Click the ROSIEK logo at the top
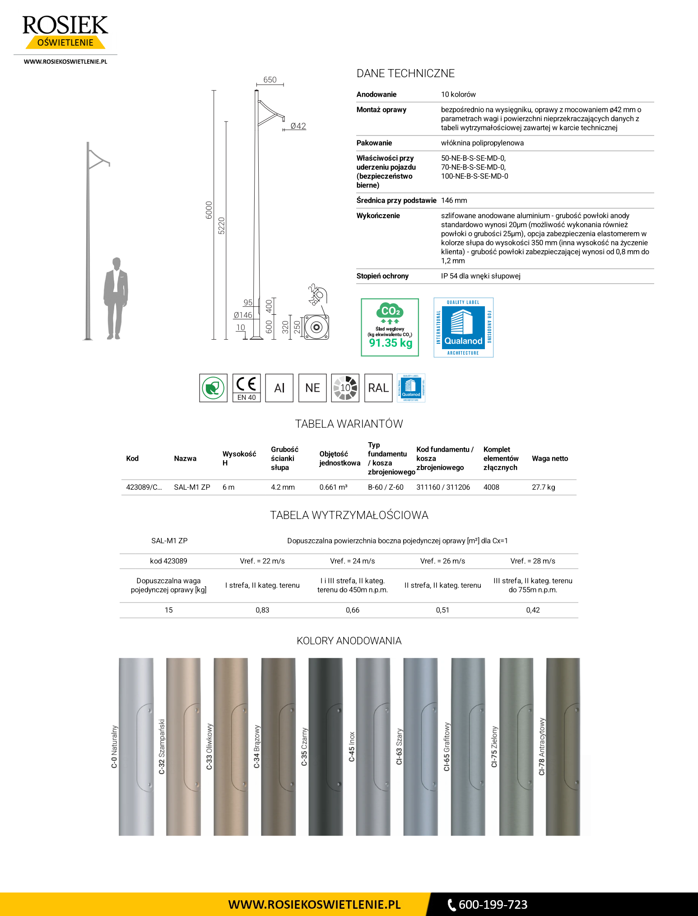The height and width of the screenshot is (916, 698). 65,32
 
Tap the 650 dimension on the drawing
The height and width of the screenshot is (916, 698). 270,80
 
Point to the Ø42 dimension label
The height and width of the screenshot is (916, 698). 298,126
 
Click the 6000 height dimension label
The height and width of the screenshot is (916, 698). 209,210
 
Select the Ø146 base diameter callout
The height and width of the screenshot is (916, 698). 243,315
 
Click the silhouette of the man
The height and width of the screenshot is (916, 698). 116,298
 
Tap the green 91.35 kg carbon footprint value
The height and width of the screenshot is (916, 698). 391,343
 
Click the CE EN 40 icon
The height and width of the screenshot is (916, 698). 247,388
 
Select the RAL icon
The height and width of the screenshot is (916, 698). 378,388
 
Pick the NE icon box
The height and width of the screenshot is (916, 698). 312,388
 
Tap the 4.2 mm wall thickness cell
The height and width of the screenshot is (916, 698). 283,487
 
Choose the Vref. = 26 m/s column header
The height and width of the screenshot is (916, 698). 442,561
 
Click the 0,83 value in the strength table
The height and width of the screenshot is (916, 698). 262,610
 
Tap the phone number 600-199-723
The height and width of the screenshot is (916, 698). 493,905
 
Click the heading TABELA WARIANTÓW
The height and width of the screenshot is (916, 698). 349,424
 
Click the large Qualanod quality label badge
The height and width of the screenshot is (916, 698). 463,327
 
